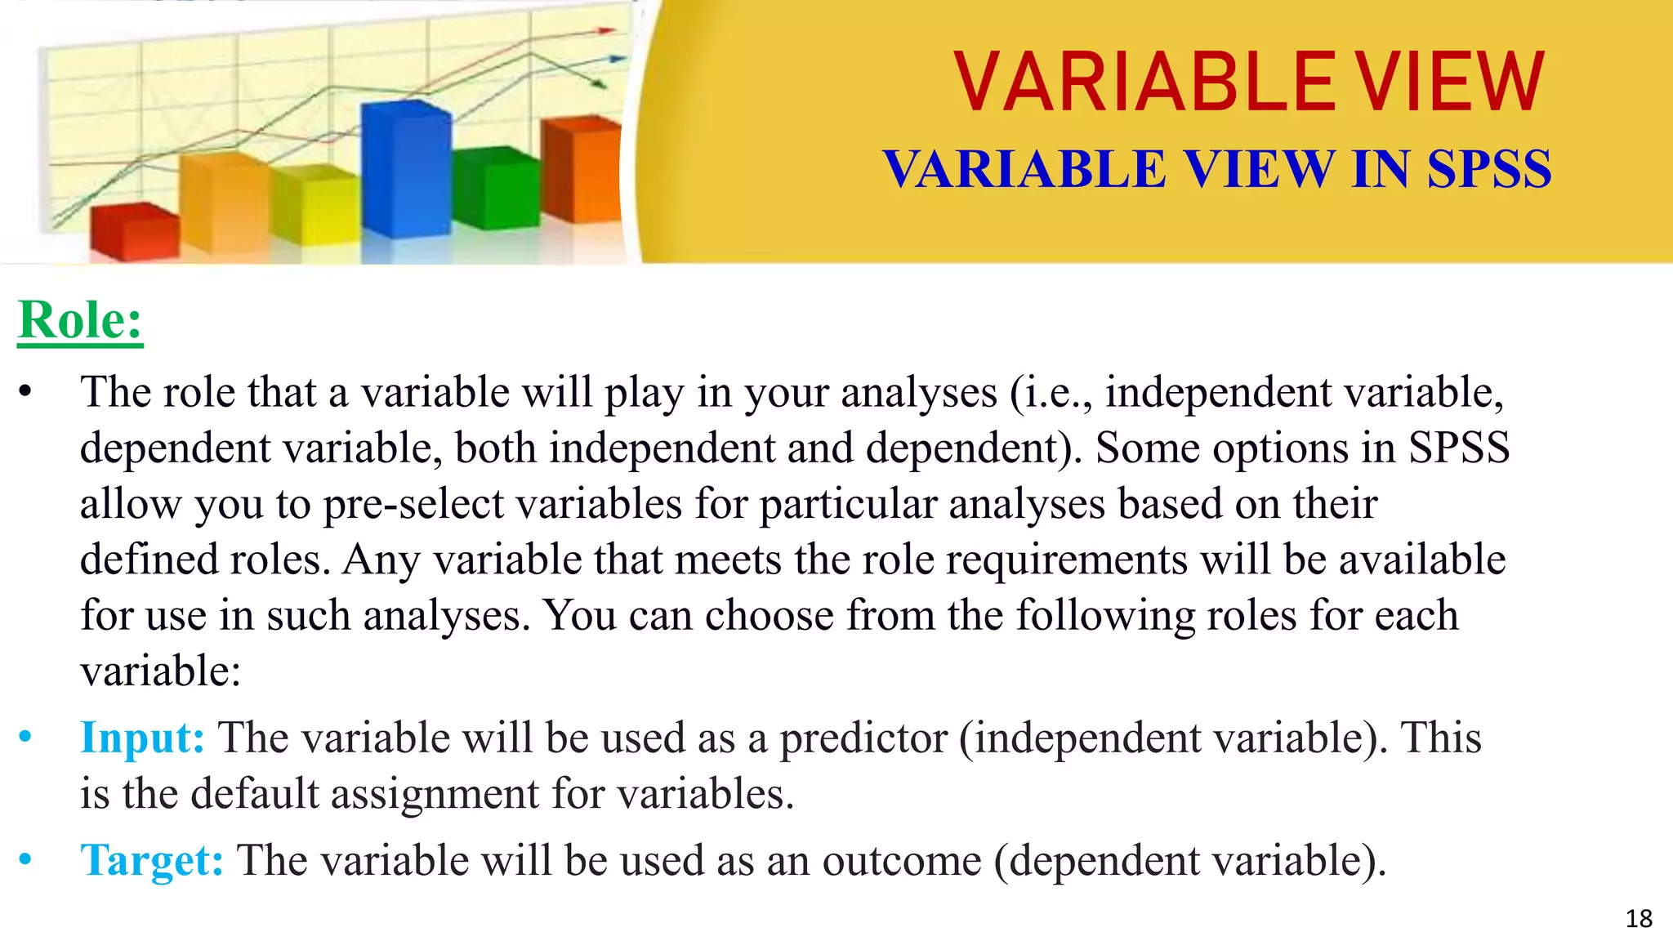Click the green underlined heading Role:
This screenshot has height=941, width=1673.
coord(80,320)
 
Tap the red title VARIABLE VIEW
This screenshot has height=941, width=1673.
coord(1248,83)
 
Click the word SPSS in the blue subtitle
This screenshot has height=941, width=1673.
coord(1488,170)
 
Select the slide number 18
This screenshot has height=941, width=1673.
coord(1639,919)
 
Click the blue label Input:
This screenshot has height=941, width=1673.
coord(142,738)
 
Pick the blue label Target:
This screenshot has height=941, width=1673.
coord(152,861)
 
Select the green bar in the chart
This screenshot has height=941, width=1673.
coord(495,190)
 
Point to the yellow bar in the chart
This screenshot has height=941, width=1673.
coord(315,206)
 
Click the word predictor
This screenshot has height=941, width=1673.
coord(863,738)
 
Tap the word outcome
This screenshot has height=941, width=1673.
coord(901,861)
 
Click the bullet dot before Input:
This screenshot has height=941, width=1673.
coord(25,738)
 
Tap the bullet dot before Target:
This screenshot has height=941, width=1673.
coord(25,859)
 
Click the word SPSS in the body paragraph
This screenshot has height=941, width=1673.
coord(1459,448)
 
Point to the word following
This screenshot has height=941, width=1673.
coord(1105,616)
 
